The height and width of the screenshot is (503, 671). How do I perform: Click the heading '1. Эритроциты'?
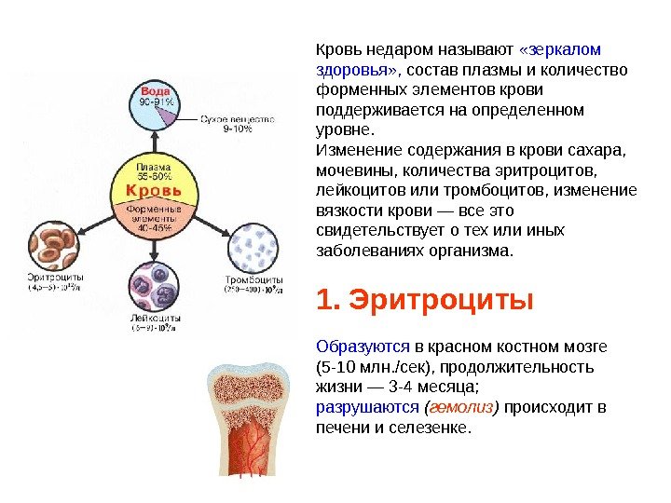coord(425,302)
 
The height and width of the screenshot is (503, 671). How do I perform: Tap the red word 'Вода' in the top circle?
coord(156,91)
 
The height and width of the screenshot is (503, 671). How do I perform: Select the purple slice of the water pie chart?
coord(168,116)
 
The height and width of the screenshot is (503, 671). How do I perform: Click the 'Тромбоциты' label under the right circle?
coord(253,279)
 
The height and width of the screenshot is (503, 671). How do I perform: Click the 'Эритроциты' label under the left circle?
coord(55,278)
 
